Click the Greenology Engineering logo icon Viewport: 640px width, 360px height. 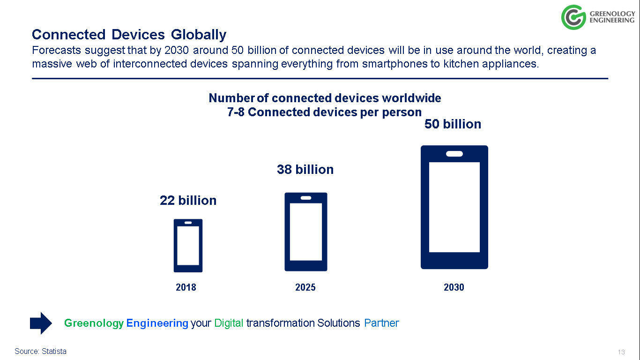[x=573, y=17]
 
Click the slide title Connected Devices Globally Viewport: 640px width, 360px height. [x=129, y=35]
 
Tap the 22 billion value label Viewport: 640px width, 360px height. [x=188, y=201]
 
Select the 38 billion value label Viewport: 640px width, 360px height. [x=305, y=170]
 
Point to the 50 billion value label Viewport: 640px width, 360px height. [x=453, y=124]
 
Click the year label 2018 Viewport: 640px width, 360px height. [x=186, y=287]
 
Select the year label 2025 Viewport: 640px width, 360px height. [x=305, y=287]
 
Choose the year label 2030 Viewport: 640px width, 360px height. [x=454, y=287]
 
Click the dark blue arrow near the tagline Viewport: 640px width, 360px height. [x=41, y=323]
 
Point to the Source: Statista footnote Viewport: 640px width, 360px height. [x=40, y=351]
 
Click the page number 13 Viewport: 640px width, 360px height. [x=622, y=352]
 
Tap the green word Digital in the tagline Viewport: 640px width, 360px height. [x=229, y=323]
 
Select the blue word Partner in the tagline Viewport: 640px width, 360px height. [x=381, y=323]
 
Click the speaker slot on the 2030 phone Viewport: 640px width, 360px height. [x=454, y=154]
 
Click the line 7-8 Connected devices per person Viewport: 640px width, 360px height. [x=324, y=112]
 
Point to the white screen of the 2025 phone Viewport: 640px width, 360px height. [x=306, y=232]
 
